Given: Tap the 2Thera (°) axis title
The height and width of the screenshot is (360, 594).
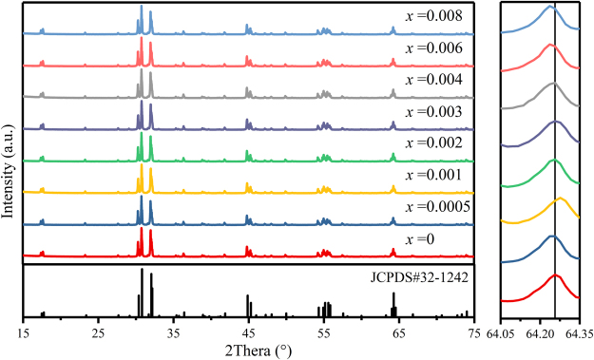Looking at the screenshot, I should [x=246, y=351].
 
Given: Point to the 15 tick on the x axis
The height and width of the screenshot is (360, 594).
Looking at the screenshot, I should [x=23, y=333].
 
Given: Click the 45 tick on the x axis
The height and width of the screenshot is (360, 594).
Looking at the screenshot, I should [x=248, y=333].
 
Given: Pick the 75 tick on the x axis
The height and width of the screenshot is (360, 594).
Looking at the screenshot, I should [x=473, y=333].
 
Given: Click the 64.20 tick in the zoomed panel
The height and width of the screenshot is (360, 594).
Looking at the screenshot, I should [x=542, y=333].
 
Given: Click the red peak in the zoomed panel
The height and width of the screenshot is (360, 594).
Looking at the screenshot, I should [x=556, y=276].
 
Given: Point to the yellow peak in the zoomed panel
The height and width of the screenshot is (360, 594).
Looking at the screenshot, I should [x=560, y=199].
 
